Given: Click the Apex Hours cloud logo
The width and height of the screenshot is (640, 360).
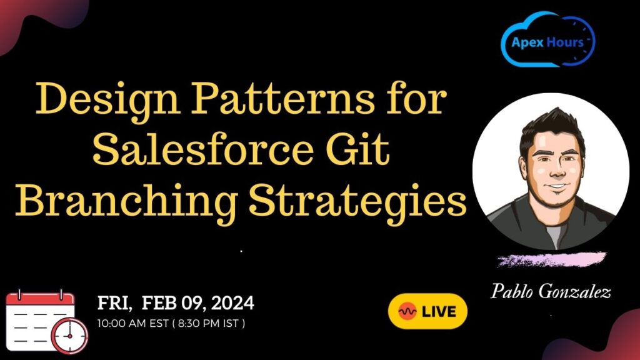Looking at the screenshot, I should (548, 41).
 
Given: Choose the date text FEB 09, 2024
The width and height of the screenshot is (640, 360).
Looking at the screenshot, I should (198, 304).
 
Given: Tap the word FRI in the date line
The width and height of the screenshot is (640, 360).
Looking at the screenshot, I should (113, 304).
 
